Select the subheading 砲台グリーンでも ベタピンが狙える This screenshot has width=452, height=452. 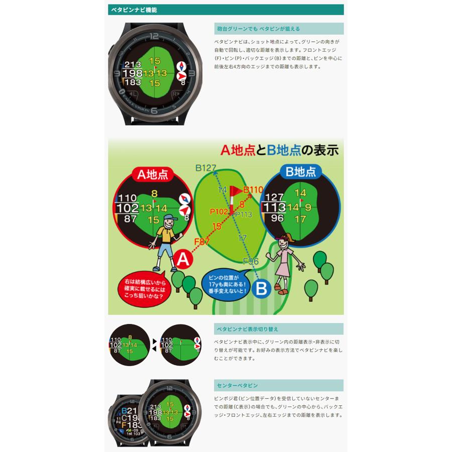pyautogui.click(x=258, y=29)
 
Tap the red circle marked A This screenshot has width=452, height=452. pyautogui.click(x=183, y=259)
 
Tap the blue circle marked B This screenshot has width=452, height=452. pyautogui.click(x=261, y=289)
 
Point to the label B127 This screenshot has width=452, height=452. pyautogui.click(x=205, y=168)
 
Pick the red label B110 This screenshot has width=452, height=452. pyautogui.click(x=253, y=190)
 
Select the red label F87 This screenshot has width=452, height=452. pyautogui.click(x=201, y=242)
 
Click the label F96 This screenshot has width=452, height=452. pyautogui.click(x=251, y=261)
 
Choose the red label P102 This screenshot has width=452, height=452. pyautogui.click(x=219, y=211)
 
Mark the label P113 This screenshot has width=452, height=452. pyautogui.click(x=243, y=214)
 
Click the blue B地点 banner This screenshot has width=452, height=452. pyautogui.click(x=301, y=172)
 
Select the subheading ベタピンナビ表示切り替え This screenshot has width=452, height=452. pyautogui.click(x=247, y=329)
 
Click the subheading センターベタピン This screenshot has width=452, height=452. pyautogui.click(x=237, y=385)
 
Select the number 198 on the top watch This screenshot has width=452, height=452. pyautogui.click(x=133, y=73)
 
